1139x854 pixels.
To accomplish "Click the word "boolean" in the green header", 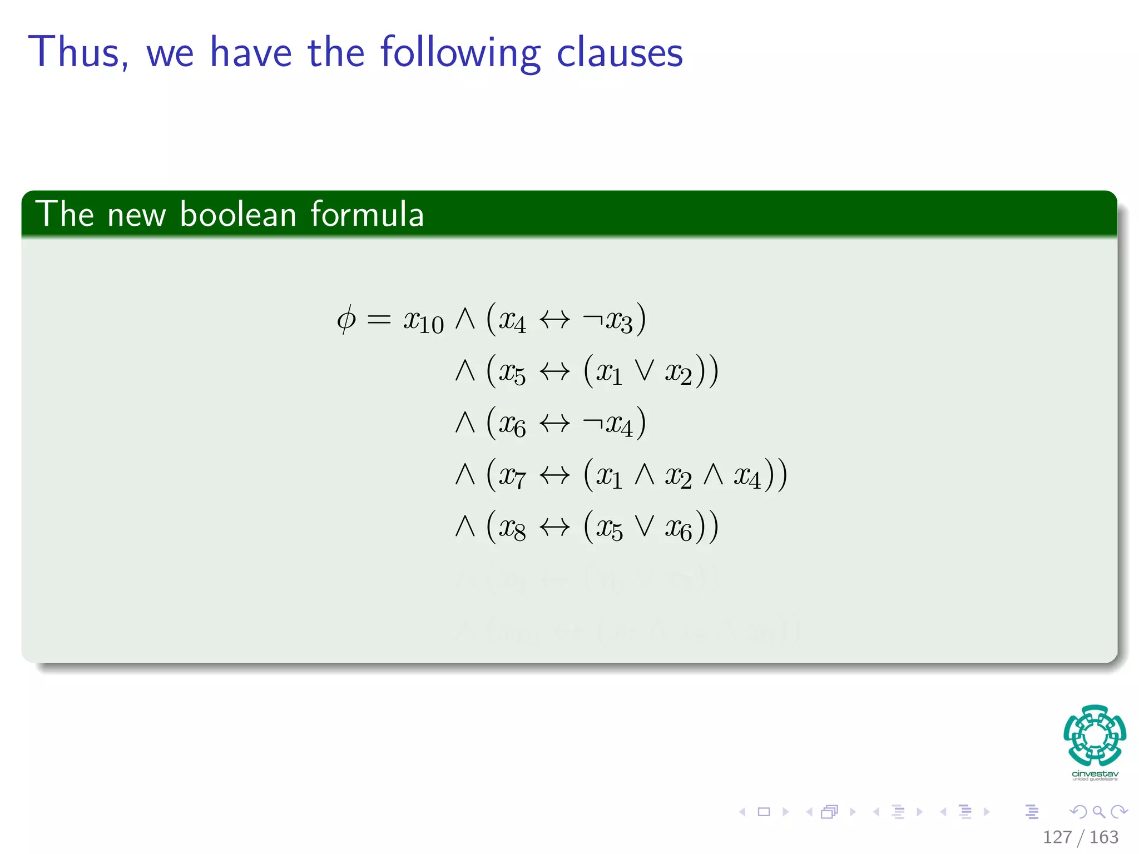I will pyautogui.click(x=238, y=215).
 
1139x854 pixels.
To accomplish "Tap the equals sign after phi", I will pyautogui.click(x=379, y=320).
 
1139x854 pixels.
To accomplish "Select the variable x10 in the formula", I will pyautogui.click(x=423, y=321).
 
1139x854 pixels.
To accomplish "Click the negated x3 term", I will pyautogui.click(x=608, y=321).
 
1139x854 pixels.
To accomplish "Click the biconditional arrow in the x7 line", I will pyautogui.click(x=554, y=475).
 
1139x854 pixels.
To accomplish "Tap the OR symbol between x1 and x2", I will pyautogui.click(x=645, y=371).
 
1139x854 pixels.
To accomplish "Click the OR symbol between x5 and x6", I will pyautogui.click(x=645, y=526).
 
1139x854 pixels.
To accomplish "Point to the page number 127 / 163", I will pyautogui.click(x=1080, y=837).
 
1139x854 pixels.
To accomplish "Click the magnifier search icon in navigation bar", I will pyautogui.click(x=1098, y=812).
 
